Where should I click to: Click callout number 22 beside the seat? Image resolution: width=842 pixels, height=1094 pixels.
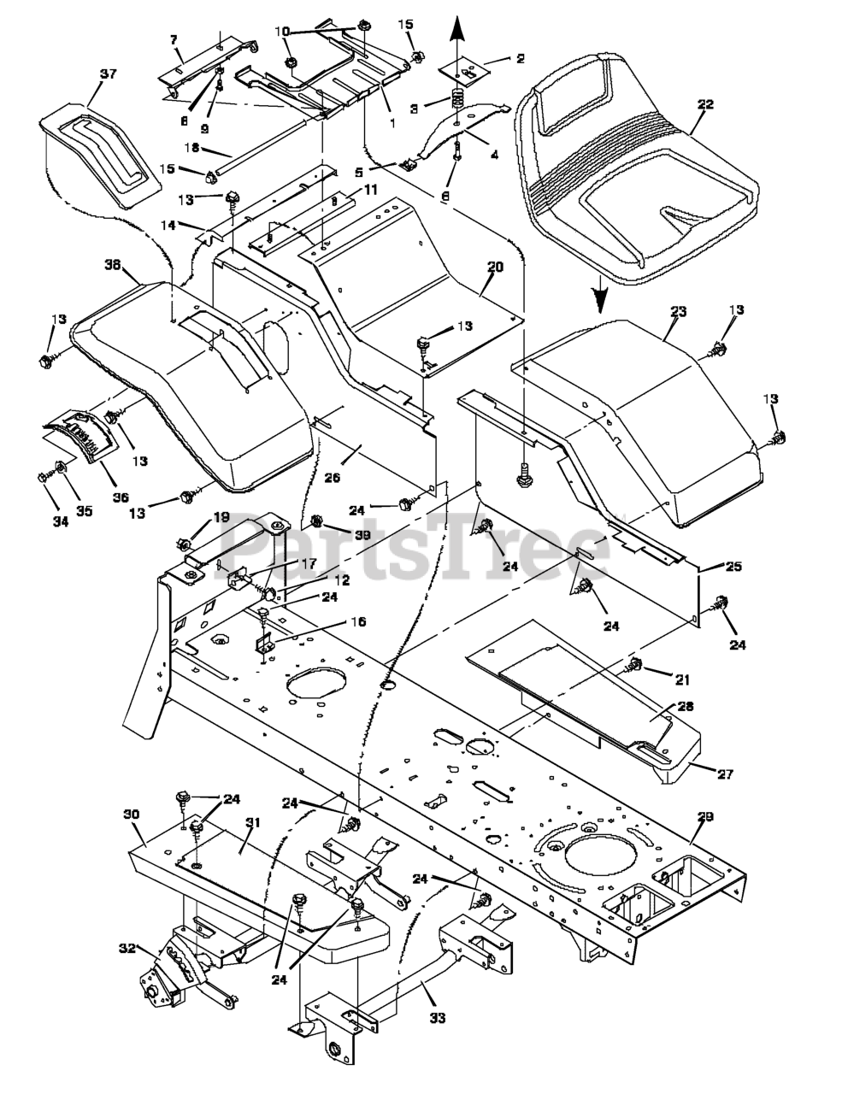pyautogui.click(x=705, y=104)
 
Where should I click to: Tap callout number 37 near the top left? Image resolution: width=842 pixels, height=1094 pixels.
pyautogui.click(x=108, y=74)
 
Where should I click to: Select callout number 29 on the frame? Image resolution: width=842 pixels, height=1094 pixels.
pyautogui.click(x=705, y=817)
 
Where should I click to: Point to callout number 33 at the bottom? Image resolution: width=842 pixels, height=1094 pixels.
pyautogui.click(x=439, y=1017)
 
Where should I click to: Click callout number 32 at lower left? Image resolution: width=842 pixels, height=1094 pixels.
pyautogui.click(x=127, y=948)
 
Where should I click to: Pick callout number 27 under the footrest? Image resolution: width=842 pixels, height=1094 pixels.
pyautogui.click(x=725, y=774)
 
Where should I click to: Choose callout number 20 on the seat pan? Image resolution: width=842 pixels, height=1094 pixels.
pyautogui.click(x=495, y=267)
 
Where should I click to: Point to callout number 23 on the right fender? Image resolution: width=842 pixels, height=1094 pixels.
pyautogui.click(x=678, y=313)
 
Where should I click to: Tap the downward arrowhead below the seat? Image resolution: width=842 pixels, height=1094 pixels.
pyautogui.click(x=601, y=299)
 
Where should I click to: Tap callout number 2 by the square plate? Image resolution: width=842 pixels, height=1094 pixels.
pyautogui.click(x=520, y=59)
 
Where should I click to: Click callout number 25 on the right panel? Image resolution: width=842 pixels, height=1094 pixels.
pyautogui.click(x=733, y=567)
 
